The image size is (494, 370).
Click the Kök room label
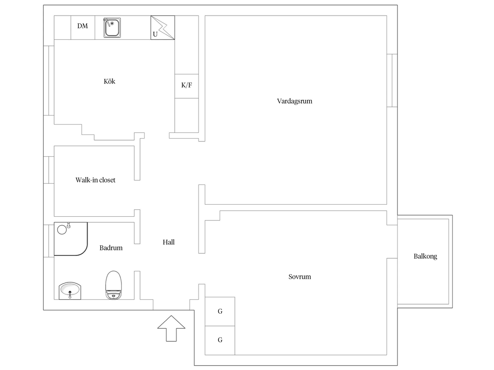[x=110, y=81]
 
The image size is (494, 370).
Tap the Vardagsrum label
[x=294, y=101]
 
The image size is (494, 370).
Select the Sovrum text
[x=300, y=277]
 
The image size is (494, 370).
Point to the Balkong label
[x=425, y=256]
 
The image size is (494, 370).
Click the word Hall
[x=168, y=242]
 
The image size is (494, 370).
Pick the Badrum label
[x=111, y=248]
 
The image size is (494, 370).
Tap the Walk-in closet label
[x=96, y=180]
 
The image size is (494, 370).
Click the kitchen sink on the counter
[x=112, y=28]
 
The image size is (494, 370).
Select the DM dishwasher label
[x=83, y=26]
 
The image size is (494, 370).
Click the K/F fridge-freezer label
[x=186, y=85]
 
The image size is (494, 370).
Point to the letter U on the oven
[x=155, y=35]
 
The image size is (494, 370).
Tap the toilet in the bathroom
[x=114, y=285]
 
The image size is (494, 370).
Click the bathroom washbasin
[x=70, y=291]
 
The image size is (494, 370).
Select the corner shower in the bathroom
[x=71, y=239]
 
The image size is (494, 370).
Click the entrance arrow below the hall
[x=171, y=328]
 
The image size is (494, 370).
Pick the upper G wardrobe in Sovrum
[x=220, y=311]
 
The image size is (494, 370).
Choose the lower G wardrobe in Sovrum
[x=220, y=340]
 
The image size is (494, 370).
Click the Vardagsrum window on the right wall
[x=392, y=81]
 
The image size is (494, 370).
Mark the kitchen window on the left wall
[x=49, y=81]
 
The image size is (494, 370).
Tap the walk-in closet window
[x=49, y=170]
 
